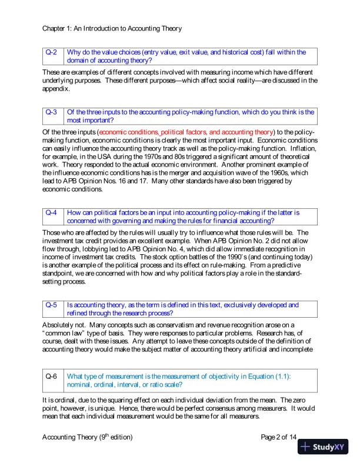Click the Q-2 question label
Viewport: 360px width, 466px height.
coord(52,52)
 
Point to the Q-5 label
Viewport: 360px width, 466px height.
coord(52,305)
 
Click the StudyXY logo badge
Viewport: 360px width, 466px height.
coord(324,447)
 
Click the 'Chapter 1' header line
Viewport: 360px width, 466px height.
coord(112,28)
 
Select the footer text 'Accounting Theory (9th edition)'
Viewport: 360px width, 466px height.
coord(88,437)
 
